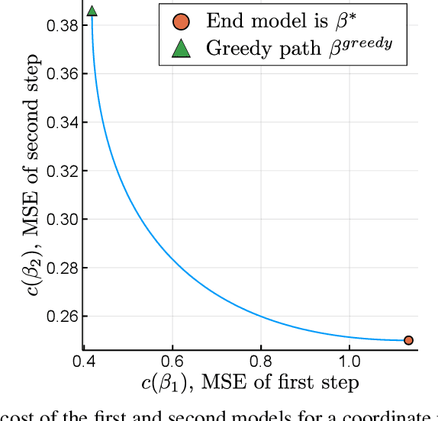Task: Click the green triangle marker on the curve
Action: (92, 11)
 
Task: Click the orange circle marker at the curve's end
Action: (408, 340)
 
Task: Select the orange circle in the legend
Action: (181, 21)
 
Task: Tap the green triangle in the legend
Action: (181, 47)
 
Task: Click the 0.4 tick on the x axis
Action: (84, 359)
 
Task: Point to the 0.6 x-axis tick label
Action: (172, 359)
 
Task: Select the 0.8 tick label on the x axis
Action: (261, 359)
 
